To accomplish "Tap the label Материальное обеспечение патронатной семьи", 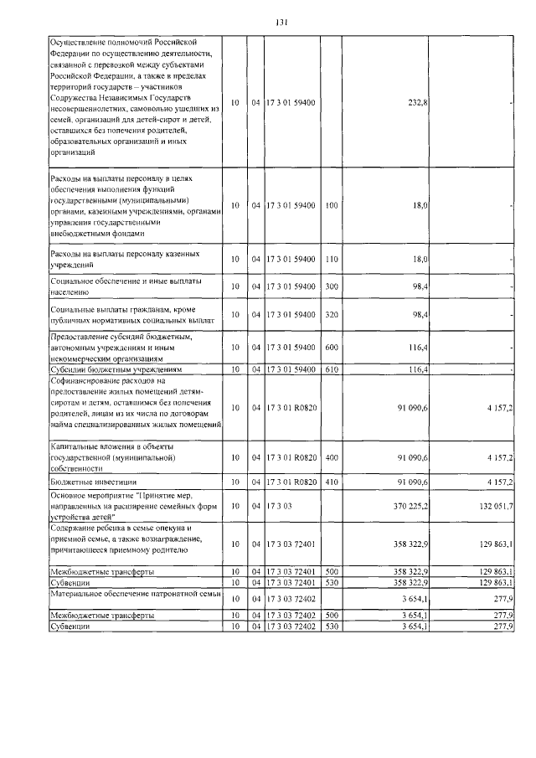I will [134, 594].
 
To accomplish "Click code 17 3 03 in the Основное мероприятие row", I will [281, 507].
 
